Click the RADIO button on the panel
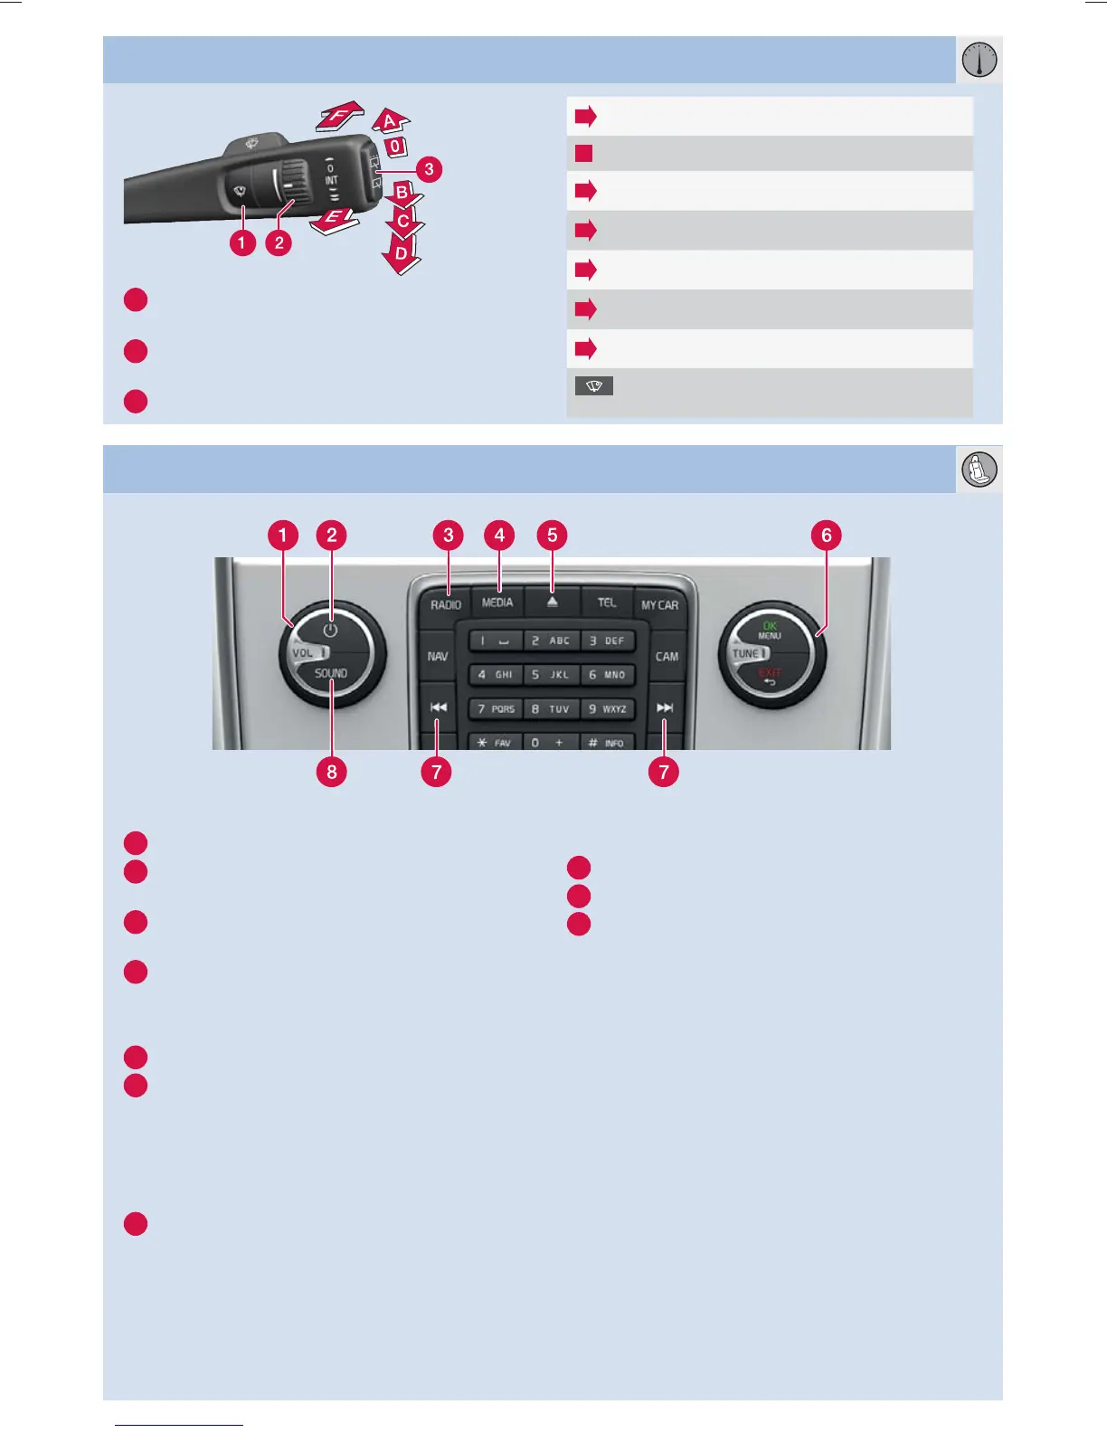tap(446, 604)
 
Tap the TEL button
tap(606, 603)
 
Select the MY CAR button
tap(659, 605)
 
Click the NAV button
tap(438, 656)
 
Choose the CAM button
tap(667, 657)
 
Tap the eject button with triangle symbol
tap(552, 602)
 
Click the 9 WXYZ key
tap(607, 709)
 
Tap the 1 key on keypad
tap(496, 641)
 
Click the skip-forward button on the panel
tap(665, 707)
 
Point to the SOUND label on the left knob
tap(331, 673)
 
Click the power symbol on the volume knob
tap(331, 630)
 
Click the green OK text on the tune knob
tap(770, 625)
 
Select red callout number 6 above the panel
tap(826, 535)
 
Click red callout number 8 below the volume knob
tap(332, 772)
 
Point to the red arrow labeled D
tap(401, 254)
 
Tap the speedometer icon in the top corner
tap(979, 61)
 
